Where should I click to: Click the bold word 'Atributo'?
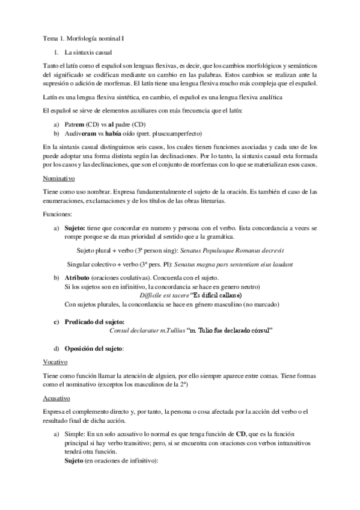(81, 278)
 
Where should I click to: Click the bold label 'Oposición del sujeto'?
(102, 348)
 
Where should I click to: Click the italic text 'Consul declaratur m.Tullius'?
(148, 330)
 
